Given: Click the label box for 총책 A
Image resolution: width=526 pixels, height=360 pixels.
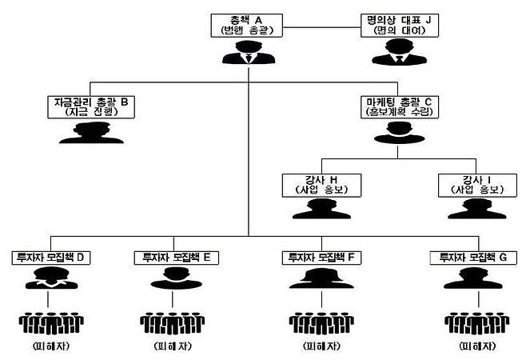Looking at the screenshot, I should pos(249,25).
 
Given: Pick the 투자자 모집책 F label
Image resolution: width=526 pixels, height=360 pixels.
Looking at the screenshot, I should pos(321,258).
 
